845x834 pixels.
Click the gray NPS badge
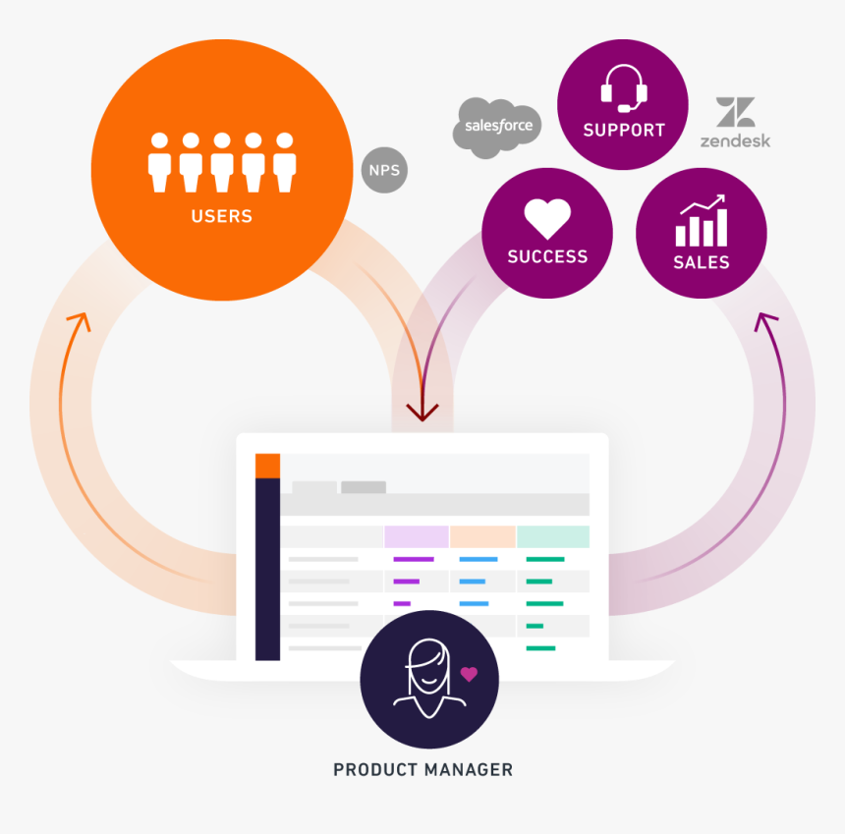point(384,170)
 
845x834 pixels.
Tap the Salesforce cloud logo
point(497,128)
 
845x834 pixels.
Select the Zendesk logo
point(735,123)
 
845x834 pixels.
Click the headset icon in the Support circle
point(624,88)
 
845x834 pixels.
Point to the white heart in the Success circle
point(547,218)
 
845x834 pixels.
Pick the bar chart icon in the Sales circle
point(702,220)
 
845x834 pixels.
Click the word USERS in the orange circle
point(222,216)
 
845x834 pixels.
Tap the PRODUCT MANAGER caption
point(423,769)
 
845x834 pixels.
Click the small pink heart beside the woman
point(469,674)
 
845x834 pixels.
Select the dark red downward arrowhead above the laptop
point(422,413)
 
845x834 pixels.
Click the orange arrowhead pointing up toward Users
point(80,321)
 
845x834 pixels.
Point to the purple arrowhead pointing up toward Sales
point(765,321)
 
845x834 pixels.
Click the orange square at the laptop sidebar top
point(267,466)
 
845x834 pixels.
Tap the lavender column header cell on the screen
point(417,536)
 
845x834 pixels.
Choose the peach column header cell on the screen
point(482,536)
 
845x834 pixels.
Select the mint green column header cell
point(553,536)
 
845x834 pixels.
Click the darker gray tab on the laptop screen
point(364,487)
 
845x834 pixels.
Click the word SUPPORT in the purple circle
point(624,130)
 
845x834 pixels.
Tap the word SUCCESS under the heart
point(547,256)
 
